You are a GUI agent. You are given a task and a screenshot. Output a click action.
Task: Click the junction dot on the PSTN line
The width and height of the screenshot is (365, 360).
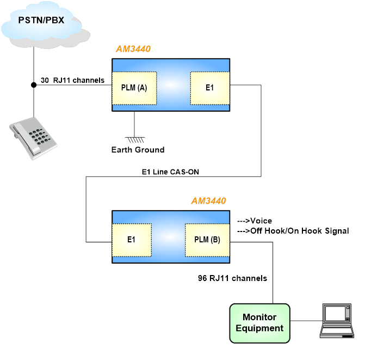[34, 85]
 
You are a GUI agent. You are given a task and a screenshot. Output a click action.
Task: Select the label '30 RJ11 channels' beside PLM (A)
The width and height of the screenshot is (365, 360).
[72, 80]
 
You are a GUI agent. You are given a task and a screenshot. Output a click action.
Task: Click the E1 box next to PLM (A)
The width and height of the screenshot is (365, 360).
[209, 88]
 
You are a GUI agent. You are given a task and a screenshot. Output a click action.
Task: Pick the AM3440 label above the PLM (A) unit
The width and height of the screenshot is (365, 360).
[133, 49]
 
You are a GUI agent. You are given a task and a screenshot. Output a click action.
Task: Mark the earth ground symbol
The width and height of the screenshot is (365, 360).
[134, 138]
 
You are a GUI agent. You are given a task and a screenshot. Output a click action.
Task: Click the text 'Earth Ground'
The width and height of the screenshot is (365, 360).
[138, 149]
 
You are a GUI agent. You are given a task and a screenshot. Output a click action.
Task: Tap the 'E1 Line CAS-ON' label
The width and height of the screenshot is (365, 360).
[170, 172]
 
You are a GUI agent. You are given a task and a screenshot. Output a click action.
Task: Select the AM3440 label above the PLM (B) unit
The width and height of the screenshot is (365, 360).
[209, 200]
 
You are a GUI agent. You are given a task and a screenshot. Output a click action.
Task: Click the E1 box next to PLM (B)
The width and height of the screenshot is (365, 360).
[131, 239]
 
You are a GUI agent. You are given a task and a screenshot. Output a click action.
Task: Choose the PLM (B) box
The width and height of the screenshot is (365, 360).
[207, 239]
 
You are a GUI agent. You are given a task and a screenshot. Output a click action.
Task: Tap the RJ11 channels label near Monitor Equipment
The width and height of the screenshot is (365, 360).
[233, 278]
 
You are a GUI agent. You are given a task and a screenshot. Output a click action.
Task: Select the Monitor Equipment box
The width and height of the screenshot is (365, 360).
[259, 323]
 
